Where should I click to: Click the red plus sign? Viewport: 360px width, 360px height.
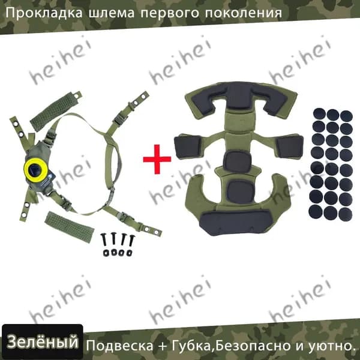pyautogui.click(x=157, y=159)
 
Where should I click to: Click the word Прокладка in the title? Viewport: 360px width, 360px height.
pyautogui.click(x=44, y=13)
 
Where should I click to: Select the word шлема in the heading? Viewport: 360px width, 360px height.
pyautogui.click(x=112, y=13)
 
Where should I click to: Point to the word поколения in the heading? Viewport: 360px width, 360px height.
pyautogui.click(x=243, y=13)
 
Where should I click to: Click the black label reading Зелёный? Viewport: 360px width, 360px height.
pyautogui.click(x=42, y=342)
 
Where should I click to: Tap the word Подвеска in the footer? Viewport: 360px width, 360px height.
pyautogui.click(x=119, y=346)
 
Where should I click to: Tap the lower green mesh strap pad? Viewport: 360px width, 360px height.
pyautogui.click(x=70, y=227)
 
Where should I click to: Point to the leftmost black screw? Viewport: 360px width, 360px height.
pyautogui.click(x=104, y=240)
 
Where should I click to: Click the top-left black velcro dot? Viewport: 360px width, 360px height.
pyautogui.click(x=319, y=113)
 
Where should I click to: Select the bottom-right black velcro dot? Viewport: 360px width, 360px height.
pyautogui.click(x=345, y=214)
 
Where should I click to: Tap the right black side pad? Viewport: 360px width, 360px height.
pyautogui.click(x=290, y=146)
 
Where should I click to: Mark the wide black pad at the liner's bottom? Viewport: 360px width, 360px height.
pyautogui.click(x=235, y=222)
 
